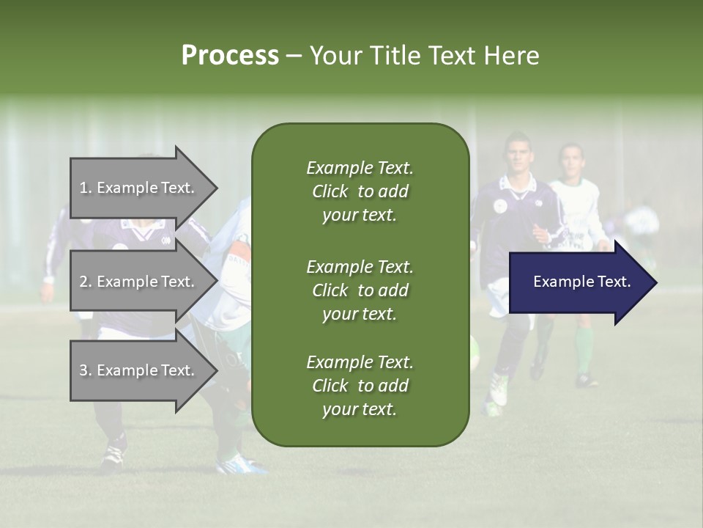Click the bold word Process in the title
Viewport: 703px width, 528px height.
pyautogui.click(x=230, y=56)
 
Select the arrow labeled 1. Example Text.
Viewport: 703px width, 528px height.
pyautogui.click(x=139, y=188)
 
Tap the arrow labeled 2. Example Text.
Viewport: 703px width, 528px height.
pyautogui.click(x=139, y=282)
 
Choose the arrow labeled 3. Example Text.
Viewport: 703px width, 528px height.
pyautogui.click(x=139, y=370)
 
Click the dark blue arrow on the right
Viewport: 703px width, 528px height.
pyautogui.click(x=579, y=282)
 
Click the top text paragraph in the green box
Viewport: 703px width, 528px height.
pyautogui.click(x=360, y=191)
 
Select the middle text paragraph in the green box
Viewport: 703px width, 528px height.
pyautogui.click(x=360, y=290)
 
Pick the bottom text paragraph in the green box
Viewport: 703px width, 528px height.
pyautogui.click(x=360, y=386)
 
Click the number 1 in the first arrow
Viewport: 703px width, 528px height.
pyautogui.click(x=83, y=188)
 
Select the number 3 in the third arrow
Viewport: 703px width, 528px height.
pyautogui.click(x=83, y=370)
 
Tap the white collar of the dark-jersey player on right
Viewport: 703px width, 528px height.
pyautogui.click(x=518, y=187)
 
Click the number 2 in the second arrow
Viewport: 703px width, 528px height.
pyautogui.click(x=83, y=282)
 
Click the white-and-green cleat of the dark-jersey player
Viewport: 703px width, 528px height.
pyautogui.click(x=499, y=390)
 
